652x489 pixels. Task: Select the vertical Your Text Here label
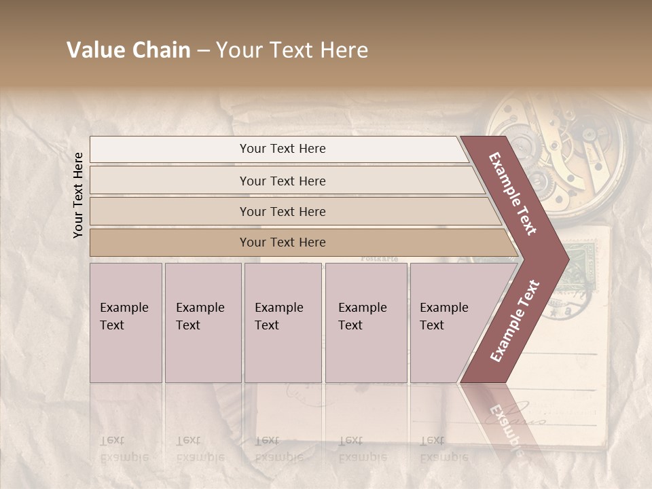(78, 195)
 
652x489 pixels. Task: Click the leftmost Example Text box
(126, 323)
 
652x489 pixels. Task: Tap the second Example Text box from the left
(203, 323)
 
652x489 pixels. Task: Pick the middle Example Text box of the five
(283, 323)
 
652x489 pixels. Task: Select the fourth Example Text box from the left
(366, 323)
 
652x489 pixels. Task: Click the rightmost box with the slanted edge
(448, 323)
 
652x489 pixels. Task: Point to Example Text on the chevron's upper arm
(513, 194)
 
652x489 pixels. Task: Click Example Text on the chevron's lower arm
(515, 321)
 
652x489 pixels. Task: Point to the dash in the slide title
(203, 51)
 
